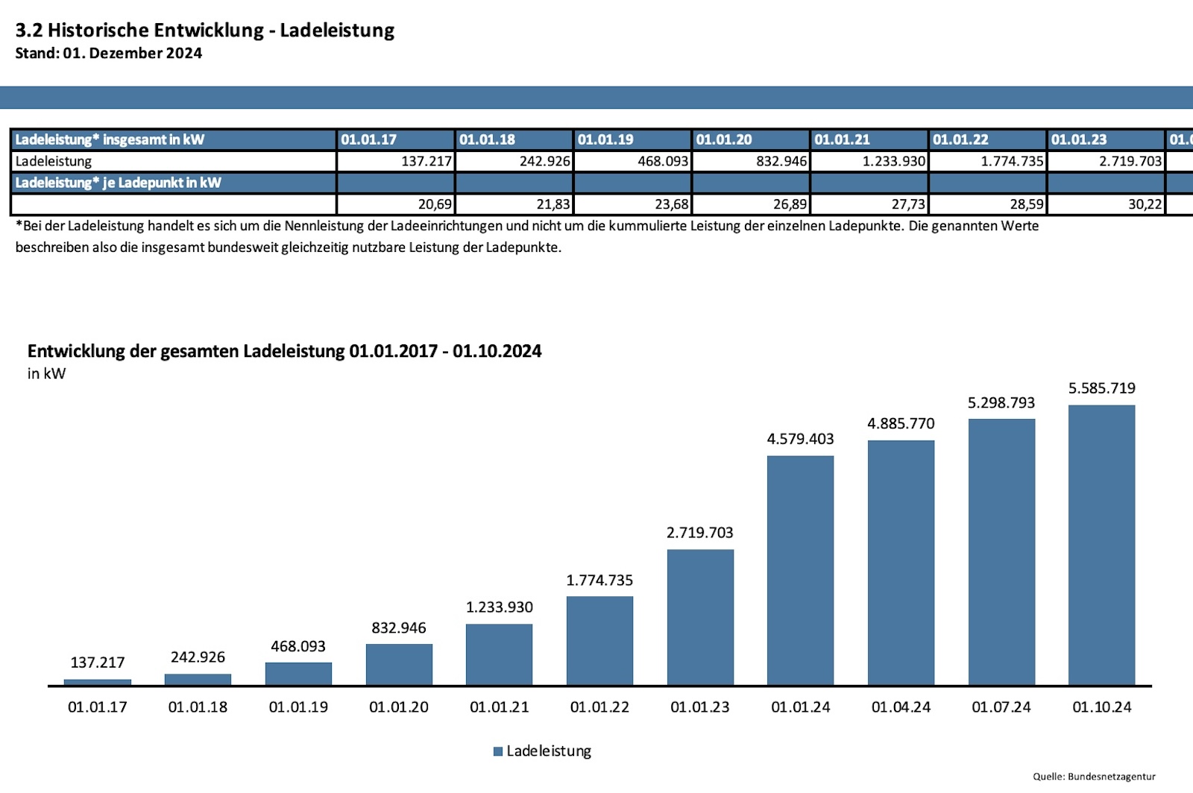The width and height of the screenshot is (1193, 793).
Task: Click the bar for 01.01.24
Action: [x=800, y=570]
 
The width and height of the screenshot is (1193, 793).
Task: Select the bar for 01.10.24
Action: [x=1101, y=545]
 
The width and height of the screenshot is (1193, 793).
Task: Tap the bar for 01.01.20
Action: [x=399, y=664]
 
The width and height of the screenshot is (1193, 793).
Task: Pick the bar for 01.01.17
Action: [x=98, y=682]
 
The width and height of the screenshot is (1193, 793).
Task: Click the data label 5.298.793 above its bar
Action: [x=1001, y=402]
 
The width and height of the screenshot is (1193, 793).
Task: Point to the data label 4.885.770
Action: [x=901, y=423]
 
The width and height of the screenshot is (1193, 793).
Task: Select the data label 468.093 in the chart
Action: [x=298, y=646]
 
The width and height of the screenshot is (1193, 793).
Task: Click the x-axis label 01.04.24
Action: [x=901, y=707]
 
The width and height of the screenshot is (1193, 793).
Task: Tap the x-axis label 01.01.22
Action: [x=599, y=707]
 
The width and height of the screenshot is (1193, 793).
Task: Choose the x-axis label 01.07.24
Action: [x=1001, y=707]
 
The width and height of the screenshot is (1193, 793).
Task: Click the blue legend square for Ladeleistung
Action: [x=498, y=751]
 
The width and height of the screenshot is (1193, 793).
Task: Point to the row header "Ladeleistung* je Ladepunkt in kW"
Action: [x=119, y=183]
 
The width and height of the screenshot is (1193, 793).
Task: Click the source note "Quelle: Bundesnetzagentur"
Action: [x=1094, y=777]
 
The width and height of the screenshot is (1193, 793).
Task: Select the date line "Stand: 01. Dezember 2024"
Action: [x=109, y=53]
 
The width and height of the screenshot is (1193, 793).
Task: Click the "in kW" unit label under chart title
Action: [x=46, y=373]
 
